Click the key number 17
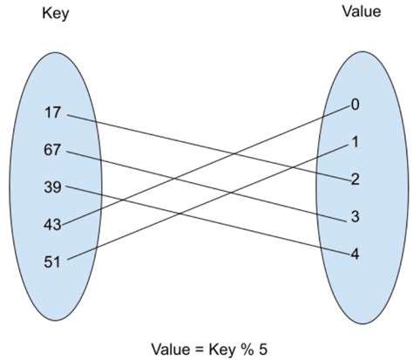pyautogui.click(x=51, y=112)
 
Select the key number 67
pyautogui.click(x=51, y=150)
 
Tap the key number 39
pyautogui.click(x=51, y=187)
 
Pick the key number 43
pyautogui.click(x=51, y=225)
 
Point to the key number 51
pyautogui.click(x=51, y=262)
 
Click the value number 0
pyautogui.click(x=355, y=105)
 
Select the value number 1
pyautogui.click(x=355, y=142)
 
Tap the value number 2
pyautogui.click(x=355, y=180)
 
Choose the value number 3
pyautogui.click(x=355, y=217)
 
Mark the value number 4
pyautogui.click(x=355, y=255)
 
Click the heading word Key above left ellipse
pyautogui.click(x=56, y=15)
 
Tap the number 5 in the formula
pyautogui.click(x=262, y=348)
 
